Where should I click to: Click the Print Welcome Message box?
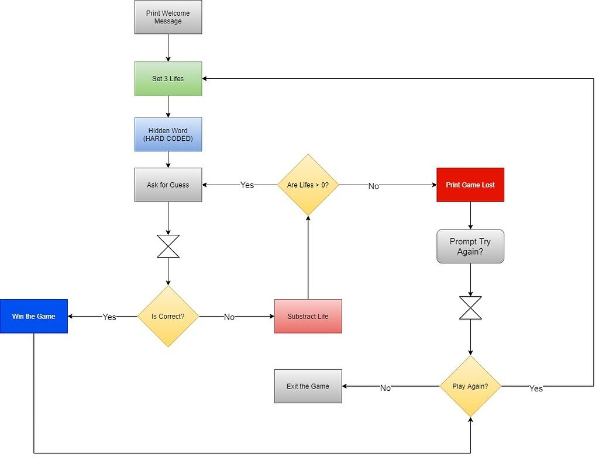tap(168, 18)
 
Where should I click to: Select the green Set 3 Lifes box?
tap(168, 79)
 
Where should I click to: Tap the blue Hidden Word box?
tap(168, 135)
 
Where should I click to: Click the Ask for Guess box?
tap(168, 185)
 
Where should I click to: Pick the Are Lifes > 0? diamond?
tap(308, 185)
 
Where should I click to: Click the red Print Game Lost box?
tap(470, 185)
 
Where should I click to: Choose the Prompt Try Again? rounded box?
tap(470, 247)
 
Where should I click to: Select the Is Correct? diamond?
tap(168, 317)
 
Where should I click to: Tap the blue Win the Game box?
tap(34, 317)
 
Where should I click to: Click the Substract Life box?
tap(308, 317)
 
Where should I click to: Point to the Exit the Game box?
tap(308, 386)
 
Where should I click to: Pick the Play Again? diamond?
tap(470, 386)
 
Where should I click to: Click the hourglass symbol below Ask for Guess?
tap(168, 247)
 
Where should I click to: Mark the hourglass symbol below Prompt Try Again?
tap(470, 308)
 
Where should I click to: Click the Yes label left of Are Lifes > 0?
tap(247, 185)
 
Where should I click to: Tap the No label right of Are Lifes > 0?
tap(373, 186)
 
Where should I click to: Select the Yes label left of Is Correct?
tap(109, 317)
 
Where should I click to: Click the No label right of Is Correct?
tap(229, 317)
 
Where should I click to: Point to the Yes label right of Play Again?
tap(536, 388)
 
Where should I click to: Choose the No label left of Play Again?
tap(385, 388)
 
